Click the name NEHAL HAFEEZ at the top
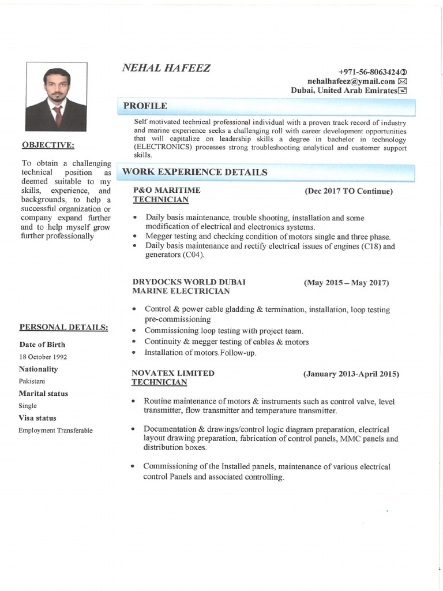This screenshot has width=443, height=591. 166,68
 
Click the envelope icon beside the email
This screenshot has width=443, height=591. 403,81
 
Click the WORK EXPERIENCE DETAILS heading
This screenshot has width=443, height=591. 194,172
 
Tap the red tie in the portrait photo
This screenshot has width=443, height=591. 57,114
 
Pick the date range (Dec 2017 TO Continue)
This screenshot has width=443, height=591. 348,191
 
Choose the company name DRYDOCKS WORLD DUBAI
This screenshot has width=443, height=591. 189,282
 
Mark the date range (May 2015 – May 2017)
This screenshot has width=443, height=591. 346,283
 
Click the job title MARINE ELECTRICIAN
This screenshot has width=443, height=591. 181,291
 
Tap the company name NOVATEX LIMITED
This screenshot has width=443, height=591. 173,373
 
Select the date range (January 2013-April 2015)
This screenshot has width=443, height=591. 351,374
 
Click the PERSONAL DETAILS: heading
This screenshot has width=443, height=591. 63,327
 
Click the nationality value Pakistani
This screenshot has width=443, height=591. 32,381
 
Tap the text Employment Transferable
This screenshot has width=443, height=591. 55,430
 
